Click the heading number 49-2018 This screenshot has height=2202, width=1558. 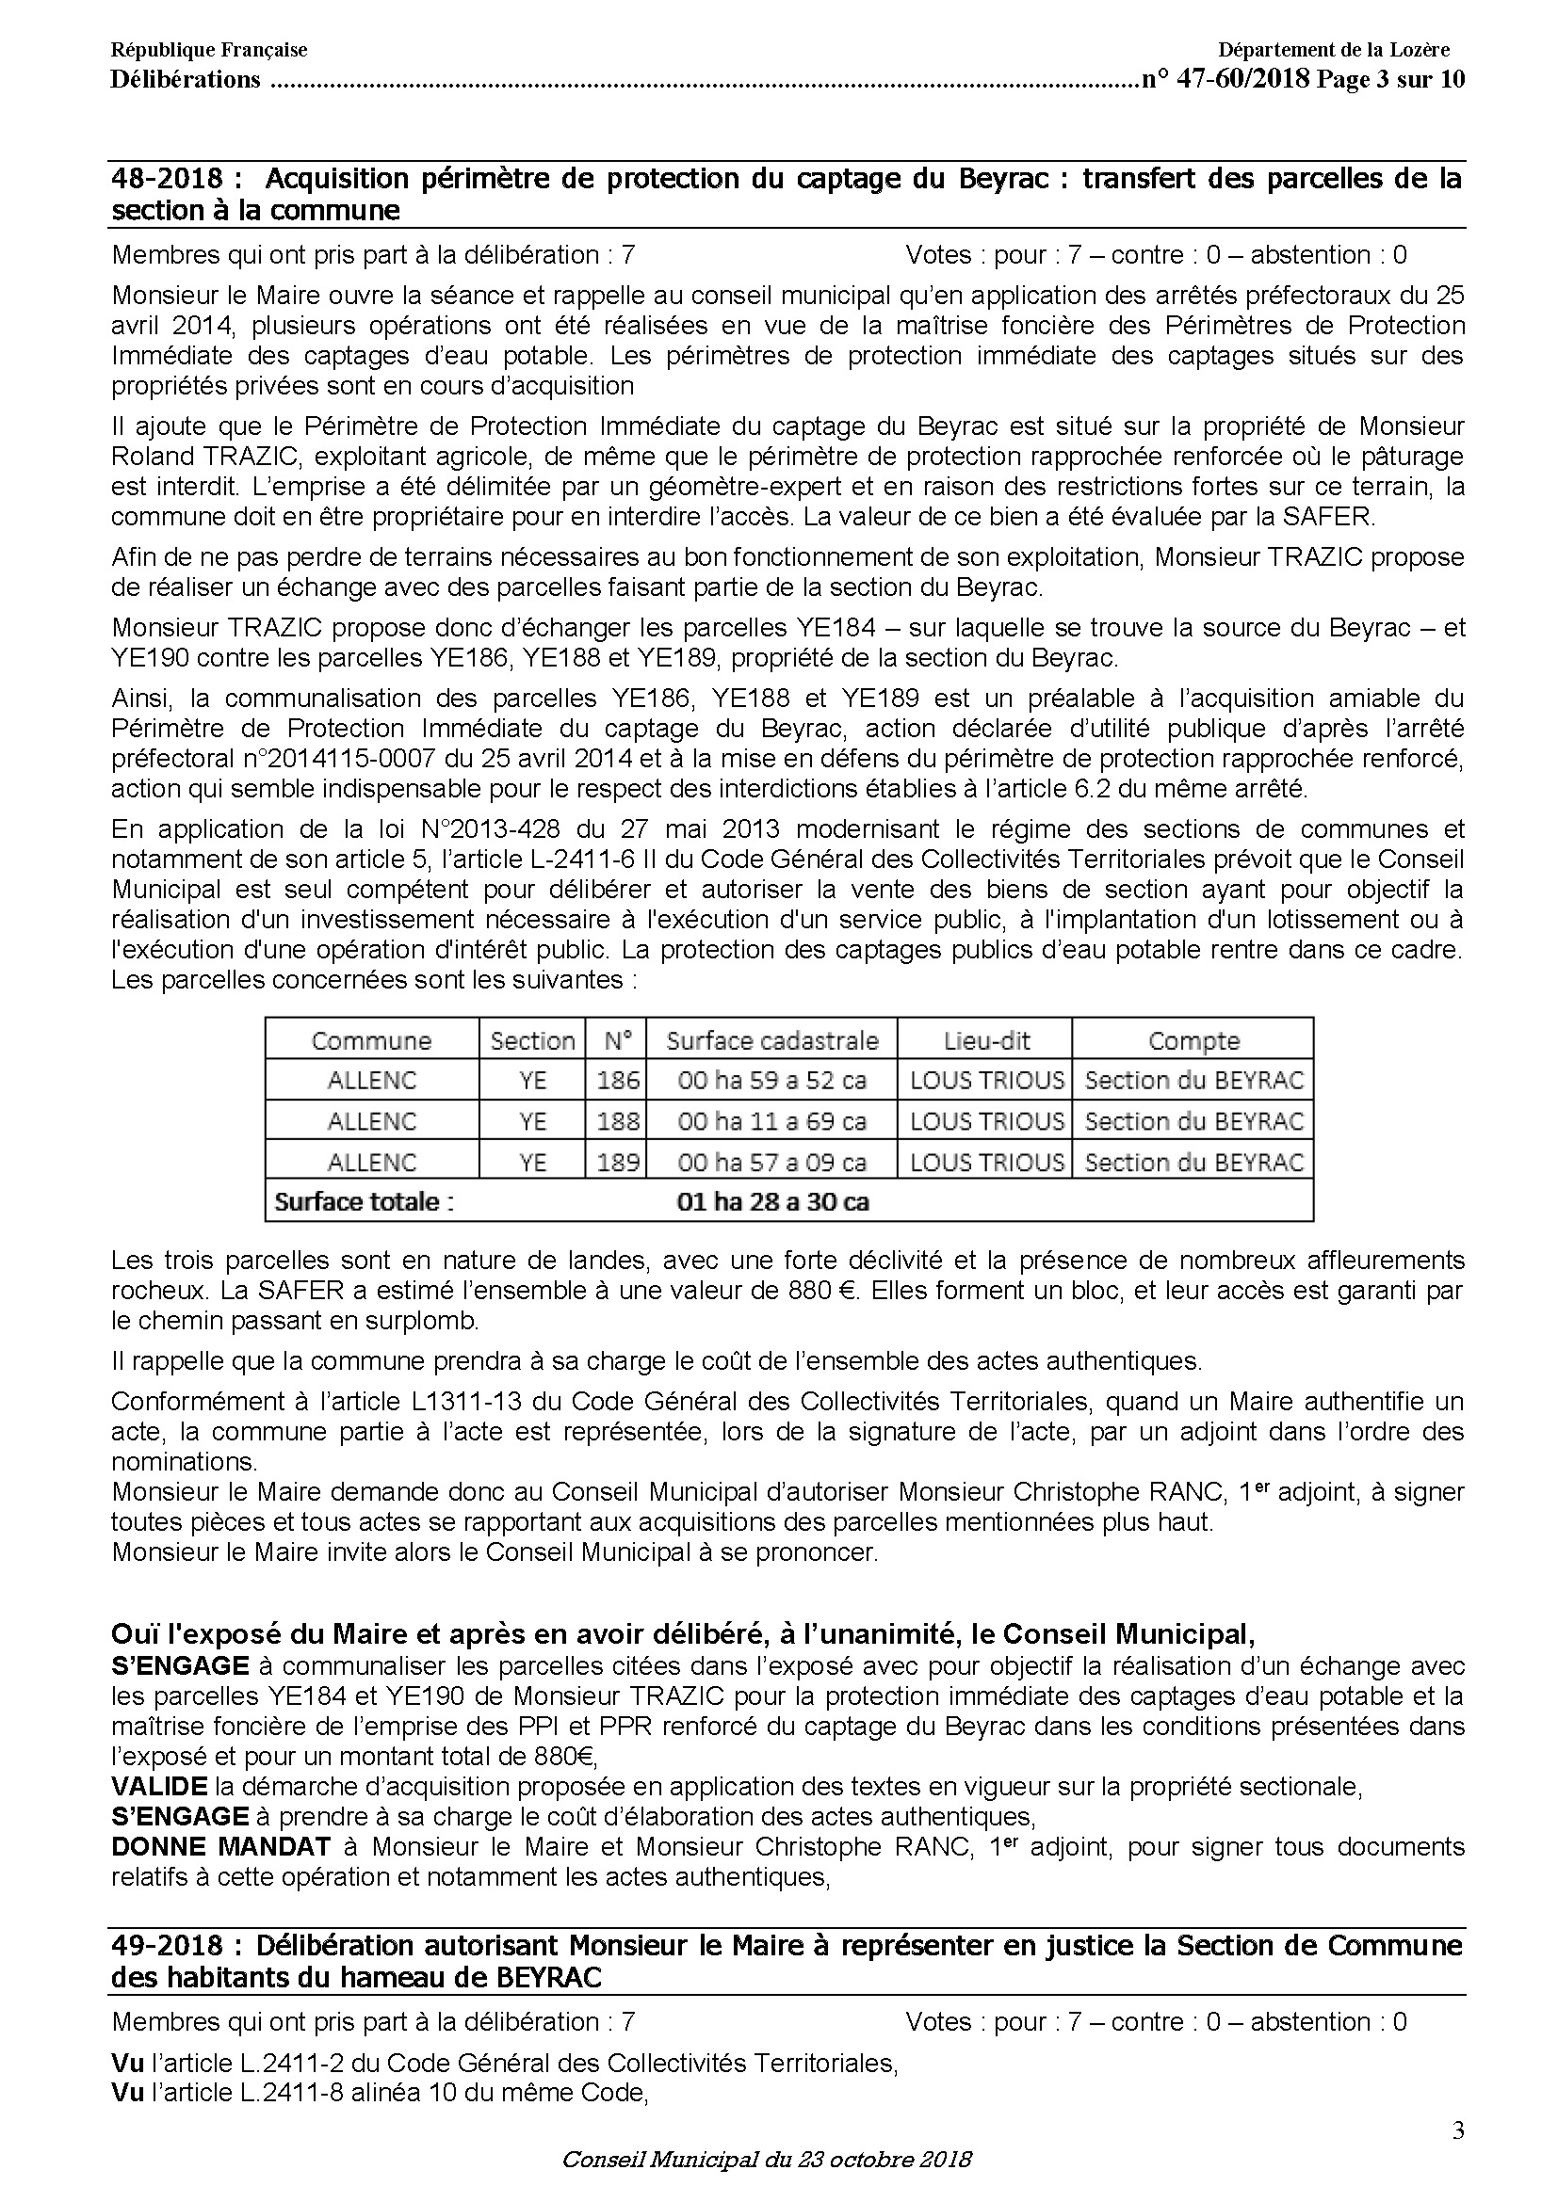[168, 1946]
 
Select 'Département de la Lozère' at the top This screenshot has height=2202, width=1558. [1334, 50]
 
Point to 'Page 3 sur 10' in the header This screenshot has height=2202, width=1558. [1390, 80]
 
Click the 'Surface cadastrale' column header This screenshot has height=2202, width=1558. [771, 1040]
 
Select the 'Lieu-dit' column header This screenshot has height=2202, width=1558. [986, 1040]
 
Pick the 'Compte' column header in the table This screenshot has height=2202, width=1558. [1193, 1040]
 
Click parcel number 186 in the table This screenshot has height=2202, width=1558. [617, 1081]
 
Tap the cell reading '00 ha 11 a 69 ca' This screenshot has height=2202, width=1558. [771, 1121]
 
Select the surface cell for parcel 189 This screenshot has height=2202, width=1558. [771, 1163]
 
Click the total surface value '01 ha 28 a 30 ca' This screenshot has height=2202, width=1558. [772, 1201]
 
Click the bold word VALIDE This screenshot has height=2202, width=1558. [159, 1786]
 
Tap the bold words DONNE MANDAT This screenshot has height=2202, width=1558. [221, 1846]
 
